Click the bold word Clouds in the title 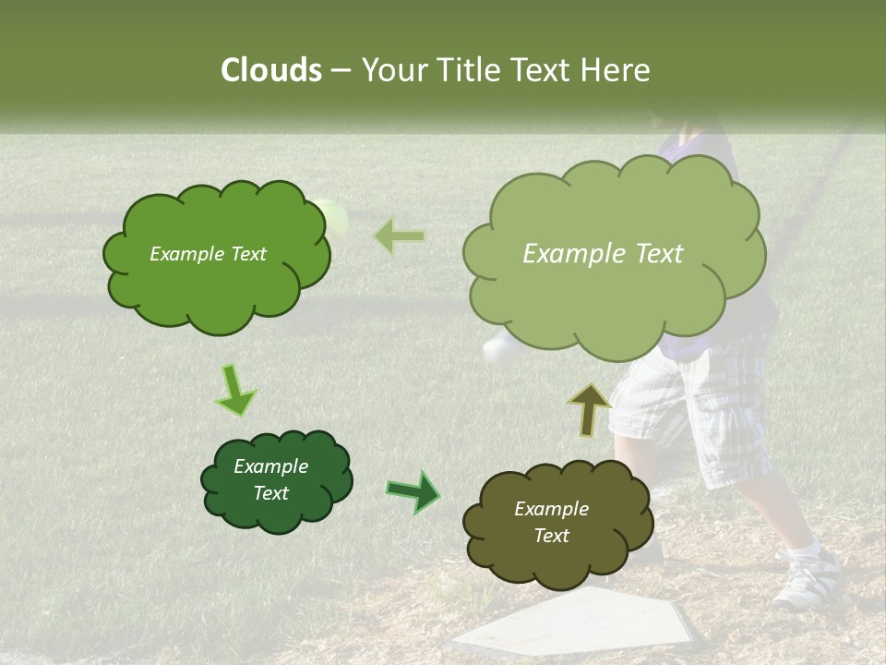(x=270, y=70)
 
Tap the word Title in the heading (x=473, y=70)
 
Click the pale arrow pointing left (x=400, y=236)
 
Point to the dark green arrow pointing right (x=413, y=491)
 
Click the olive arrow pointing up (x=590, y=409)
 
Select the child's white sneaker (x=808, y=578)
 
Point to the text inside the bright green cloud (x=209, y=254)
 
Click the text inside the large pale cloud (x=603, y=254)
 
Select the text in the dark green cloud (x=270, y=479)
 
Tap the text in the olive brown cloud (x=551, y=522)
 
